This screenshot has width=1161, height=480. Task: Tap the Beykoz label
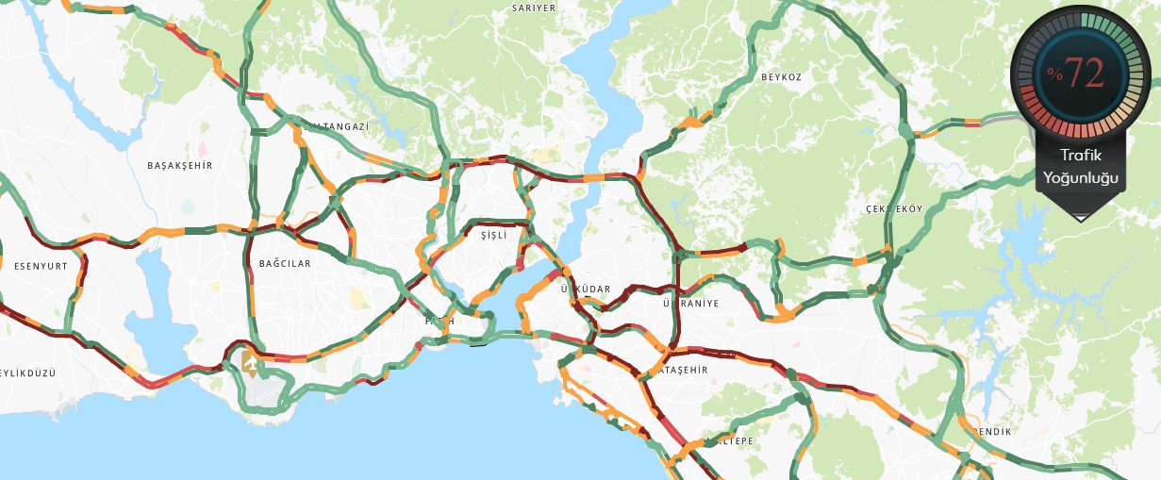[x=780, y=77]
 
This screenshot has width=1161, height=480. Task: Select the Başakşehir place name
[x=180, y=165]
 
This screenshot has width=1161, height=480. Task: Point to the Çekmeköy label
[x=894, y=208]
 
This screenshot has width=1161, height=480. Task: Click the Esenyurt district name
[x=41, y=266]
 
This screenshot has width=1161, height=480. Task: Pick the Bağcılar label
[x=285, y=264]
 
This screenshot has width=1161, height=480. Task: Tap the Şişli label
[x=494, y=234]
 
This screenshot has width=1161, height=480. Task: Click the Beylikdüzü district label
[x=26, y=372]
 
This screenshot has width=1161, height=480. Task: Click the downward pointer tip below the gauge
[x=1080, y=219]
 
